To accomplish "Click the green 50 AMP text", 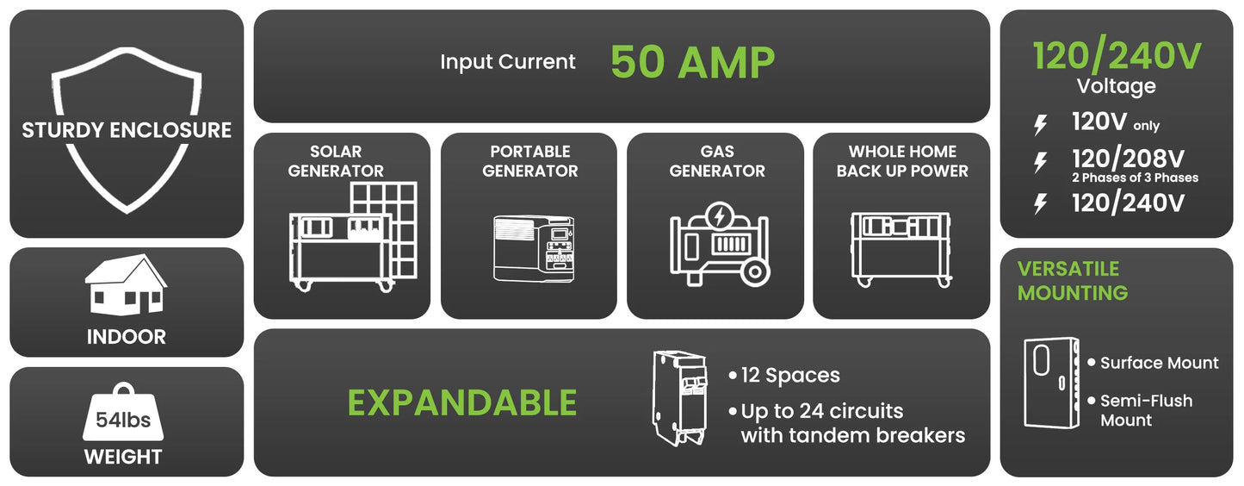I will (x=692, y=62).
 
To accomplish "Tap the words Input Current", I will (x=508, y=62).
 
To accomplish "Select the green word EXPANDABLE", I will (x=461, y=402).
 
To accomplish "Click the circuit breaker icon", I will (x=680, y=396).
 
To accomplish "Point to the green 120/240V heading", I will (x=1117, y=56).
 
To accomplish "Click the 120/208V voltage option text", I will (x=1128, y=159).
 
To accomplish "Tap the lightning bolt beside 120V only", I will (x=1041, y=125).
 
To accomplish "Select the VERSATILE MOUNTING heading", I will (x=1073, y=281).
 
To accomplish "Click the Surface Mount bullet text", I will (x=1159, y=363).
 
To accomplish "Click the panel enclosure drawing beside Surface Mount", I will (x=1050, y=382).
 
